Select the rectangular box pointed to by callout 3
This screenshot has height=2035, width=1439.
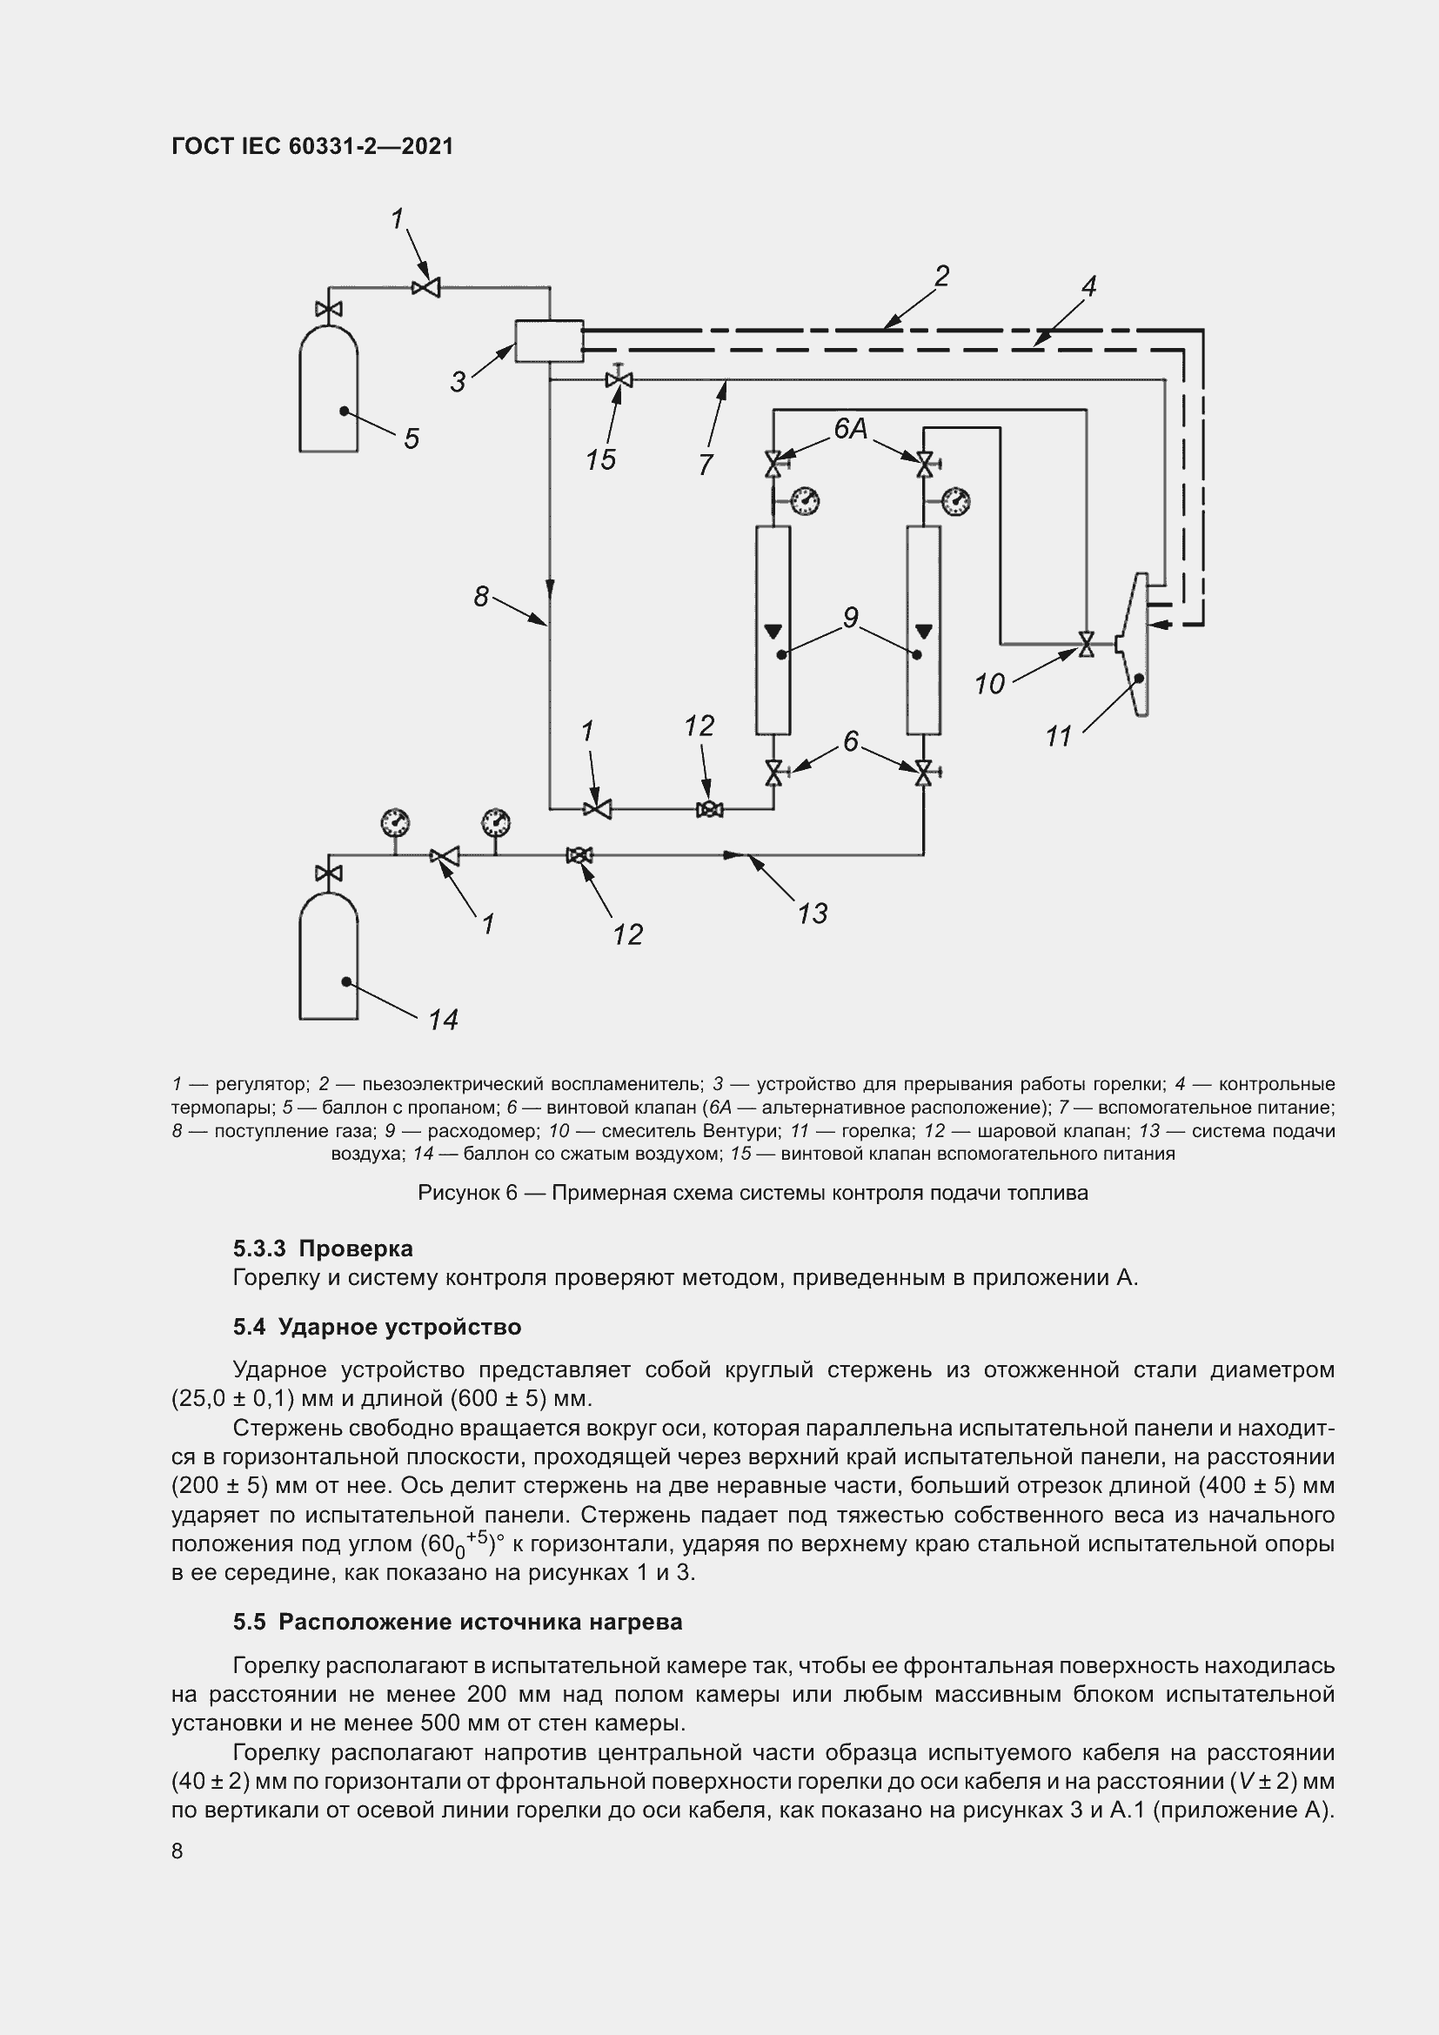click(548, 341)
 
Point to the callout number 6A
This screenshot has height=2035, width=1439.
click(851, 429)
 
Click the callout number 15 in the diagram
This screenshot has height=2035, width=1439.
click(601, 460)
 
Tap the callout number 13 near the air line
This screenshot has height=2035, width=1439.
click(813, 913)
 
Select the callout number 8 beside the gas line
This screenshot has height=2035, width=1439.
click(481, 597)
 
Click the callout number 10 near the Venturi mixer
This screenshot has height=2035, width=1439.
click(989, 683)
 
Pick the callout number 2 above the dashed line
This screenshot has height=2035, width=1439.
click(942, 277)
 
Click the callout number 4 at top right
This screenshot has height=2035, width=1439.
click(1089, 286)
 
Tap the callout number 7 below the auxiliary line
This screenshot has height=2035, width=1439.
click(706, 465)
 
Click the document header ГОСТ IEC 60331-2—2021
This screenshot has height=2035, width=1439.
click(312, 146)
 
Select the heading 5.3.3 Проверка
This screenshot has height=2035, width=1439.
click(323, 1248)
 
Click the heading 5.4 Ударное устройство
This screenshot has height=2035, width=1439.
click(377, 1327)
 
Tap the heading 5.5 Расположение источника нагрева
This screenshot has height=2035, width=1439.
click(458, 1622)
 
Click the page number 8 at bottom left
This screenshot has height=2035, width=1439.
click(177, 1851)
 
